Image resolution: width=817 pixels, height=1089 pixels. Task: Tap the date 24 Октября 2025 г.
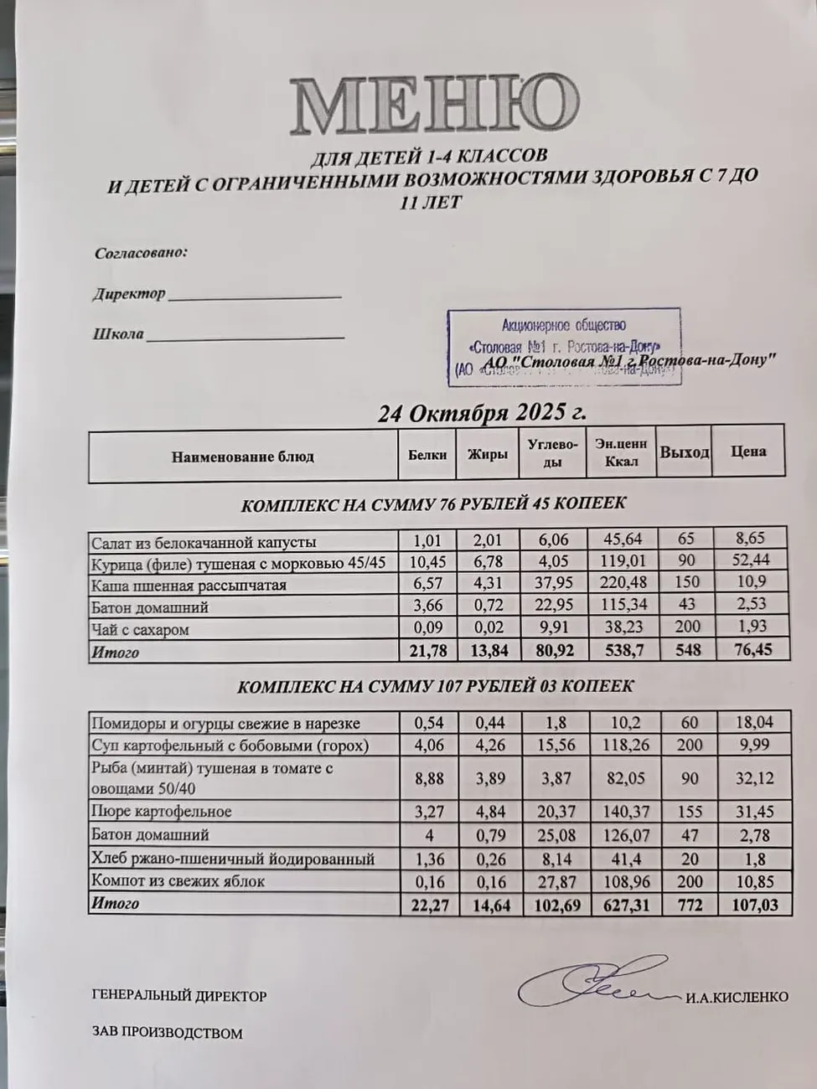[481, 413]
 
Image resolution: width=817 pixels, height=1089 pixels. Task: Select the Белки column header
[427, 455]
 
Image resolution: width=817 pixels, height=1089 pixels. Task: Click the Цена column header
[748, 452]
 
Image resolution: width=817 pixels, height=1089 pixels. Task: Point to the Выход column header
[684, 452]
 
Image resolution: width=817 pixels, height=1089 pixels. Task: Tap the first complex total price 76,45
[750, 649]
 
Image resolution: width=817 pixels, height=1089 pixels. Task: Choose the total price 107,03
[752, 905]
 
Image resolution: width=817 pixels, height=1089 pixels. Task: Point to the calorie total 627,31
[625, 905]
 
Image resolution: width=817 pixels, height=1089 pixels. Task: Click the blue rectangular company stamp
[563, 347]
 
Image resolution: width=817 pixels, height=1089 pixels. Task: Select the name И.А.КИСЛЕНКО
[737, 997]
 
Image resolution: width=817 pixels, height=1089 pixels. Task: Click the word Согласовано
[141, 253]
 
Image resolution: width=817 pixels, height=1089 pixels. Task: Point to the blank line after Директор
[255, 296]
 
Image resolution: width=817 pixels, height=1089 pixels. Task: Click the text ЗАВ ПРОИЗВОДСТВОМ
[168, 1033]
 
